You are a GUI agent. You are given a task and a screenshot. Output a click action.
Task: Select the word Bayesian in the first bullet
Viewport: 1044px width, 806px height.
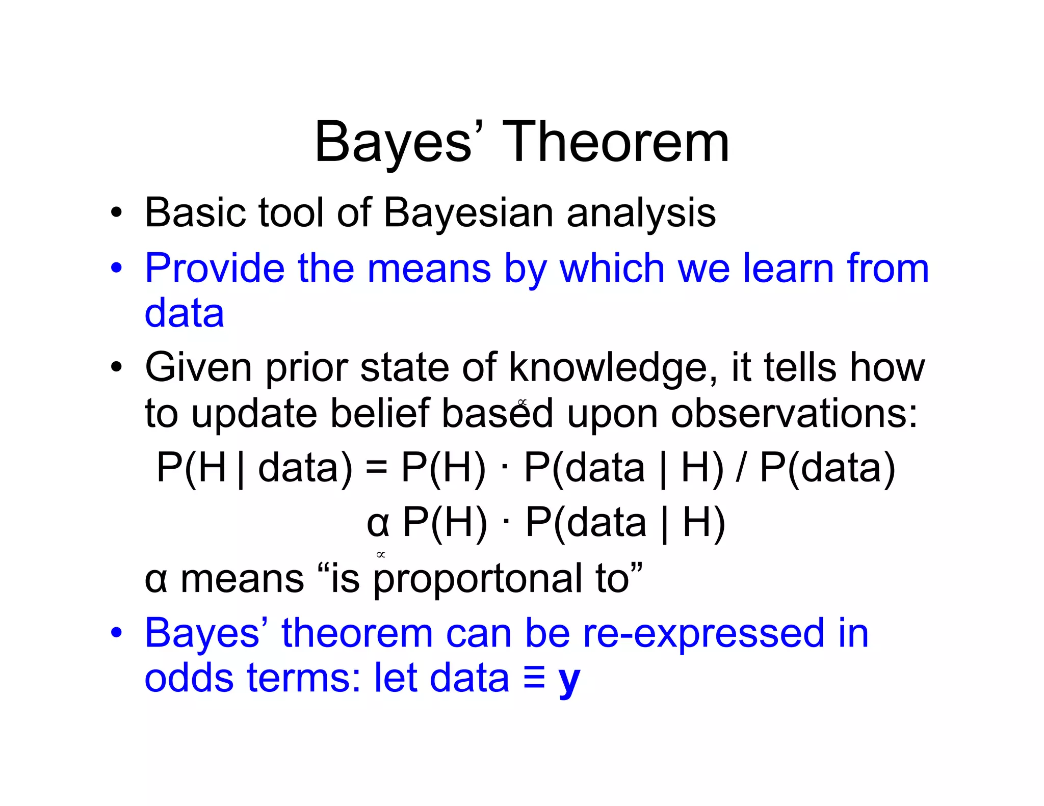tap(468, 212)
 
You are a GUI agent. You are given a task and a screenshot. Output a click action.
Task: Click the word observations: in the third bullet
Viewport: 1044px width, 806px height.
tap(794, 413)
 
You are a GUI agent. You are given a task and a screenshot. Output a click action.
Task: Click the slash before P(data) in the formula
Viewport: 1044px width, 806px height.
tap(741, 468)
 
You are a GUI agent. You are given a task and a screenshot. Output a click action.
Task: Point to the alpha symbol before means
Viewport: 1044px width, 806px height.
tap(155, 580)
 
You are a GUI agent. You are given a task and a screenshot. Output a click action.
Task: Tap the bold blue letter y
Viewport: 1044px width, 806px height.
tap(569, 680)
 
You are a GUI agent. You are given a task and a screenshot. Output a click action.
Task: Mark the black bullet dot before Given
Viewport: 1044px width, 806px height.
tap(117, 367)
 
